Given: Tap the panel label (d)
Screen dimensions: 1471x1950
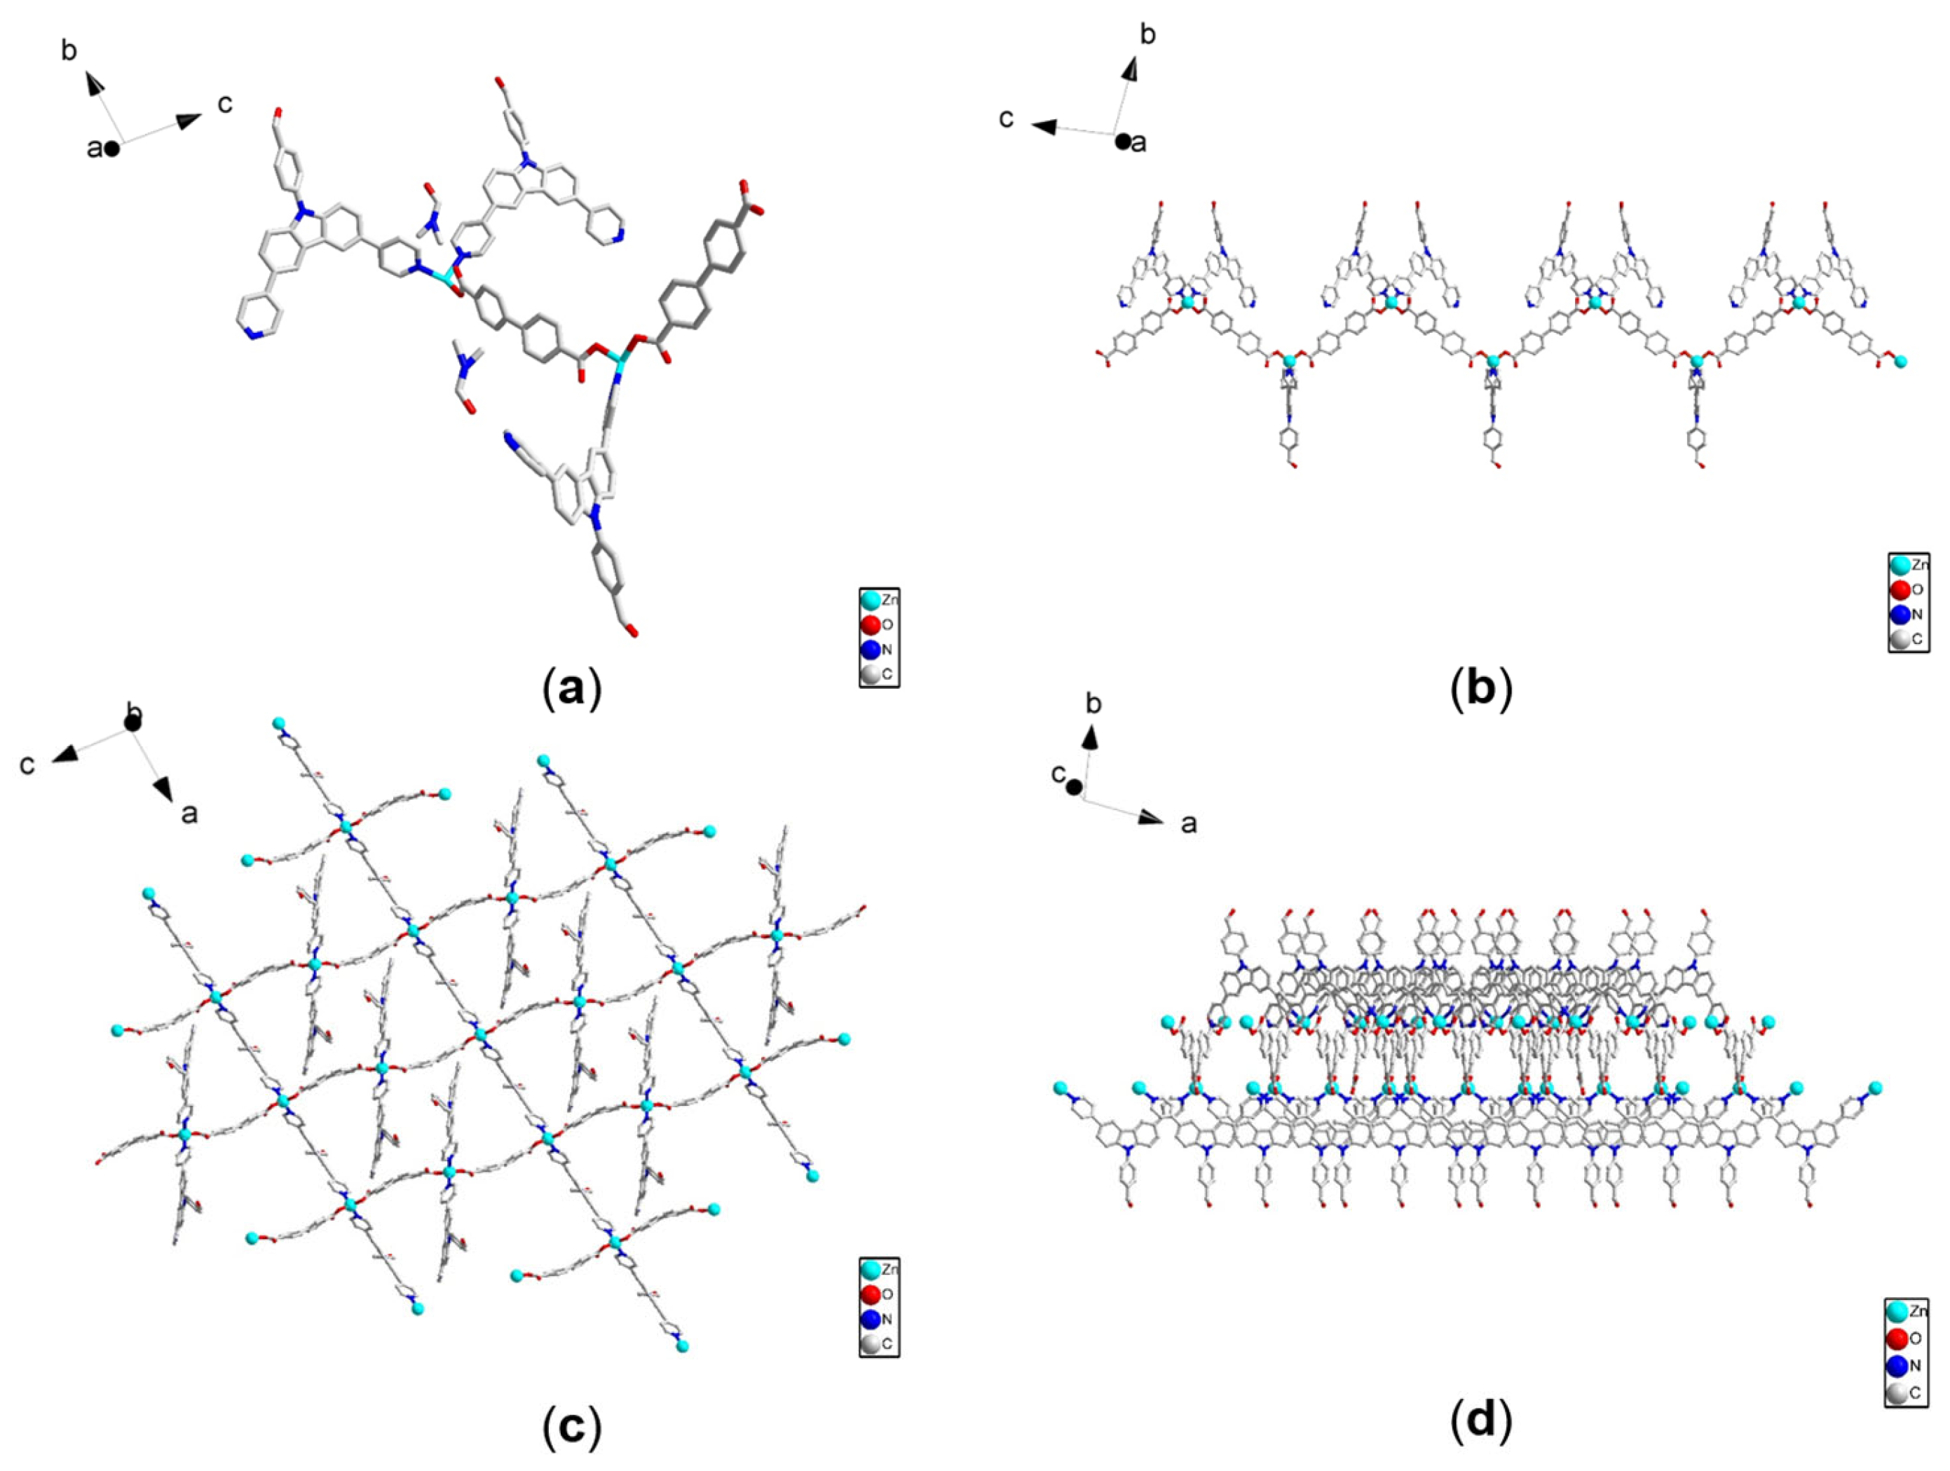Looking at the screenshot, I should (x=1481, y=1420).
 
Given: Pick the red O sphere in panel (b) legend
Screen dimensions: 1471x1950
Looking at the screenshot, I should (x=1900, y=589).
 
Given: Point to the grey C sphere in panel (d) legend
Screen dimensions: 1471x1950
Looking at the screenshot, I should (x=1897, y=1392).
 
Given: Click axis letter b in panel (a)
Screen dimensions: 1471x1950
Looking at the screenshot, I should (x=69, y=50).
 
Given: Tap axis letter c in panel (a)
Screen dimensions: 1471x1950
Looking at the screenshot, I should (x=226, y=104).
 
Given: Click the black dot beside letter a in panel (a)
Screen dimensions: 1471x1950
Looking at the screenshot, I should (x=112, y=149).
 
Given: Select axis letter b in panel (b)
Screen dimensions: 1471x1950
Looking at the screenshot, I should (x=1148, y=34).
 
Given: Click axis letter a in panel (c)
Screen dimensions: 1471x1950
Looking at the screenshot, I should (x=189, y=813).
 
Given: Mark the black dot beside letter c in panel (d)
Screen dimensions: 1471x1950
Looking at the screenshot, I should (x=1074, y=787).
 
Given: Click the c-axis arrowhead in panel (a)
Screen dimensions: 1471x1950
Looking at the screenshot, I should (x=189, y=121).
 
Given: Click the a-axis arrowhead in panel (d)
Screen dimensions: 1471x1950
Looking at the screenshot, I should (x=1152, y=817).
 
